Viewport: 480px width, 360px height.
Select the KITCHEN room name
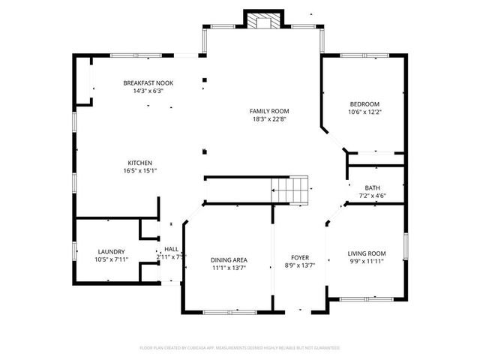(x=140, y=163)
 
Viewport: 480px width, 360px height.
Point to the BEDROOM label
(x=364, y=104)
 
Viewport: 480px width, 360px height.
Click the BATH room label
(x=373, y=188)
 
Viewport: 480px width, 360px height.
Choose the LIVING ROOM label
(x=367, y=253)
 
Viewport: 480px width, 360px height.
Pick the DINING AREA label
(x=229, y=259)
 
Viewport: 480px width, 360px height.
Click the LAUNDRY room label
(x=111, y=252)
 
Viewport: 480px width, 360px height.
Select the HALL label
(x=172, y=249)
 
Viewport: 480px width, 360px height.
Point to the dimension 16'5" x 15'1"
(x=140, y=170)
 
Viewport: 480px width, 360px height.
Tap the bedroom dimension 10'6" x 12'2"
(x=364, y=112)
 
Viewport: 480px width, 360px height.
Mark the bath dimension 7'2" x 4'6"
(x=373, y=196)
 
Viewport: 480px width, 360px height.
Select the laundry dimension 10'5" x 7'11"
(x=111, y=259)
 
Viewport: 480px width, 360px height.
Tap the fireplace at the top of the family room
(x=263, y=22)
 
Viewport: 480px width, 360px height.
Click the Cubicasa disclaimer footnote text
(x=240, y=348)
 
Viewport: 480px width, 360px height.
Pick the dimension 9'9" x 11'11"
(x=367, y=261)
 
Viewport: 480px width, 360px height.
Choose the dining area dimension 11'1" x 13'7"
(x=229, y=267)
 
